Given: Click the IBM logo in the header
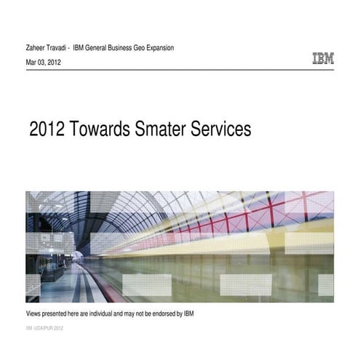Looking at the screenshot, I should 323,59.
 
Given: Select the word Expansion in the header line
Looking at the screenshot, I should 157,48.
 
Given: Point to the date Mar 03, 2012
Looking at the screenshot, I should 44,63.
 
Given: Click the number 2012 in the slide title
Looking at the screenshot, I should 44,129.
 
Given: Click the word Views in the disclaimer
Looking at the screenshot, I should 35,313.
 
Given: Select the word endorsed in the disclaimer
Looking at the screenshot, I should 160,313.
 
